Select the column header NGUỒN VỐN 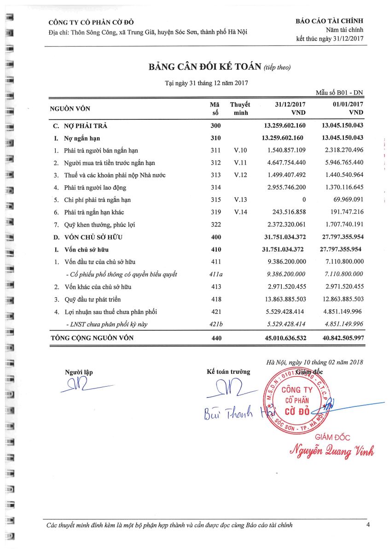click(x=70, y=109)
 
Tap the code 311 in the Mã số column click(x=216, y=150)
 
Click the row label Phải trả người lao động click(x=95, y=188)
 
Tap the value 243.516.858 click(x=286, y=212)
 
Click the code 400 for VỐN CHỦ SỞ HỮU click(x=216, y=237)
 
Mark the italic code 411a click(x=216, y=275)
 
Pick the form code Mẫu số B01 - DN click(x=339, y=93)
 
